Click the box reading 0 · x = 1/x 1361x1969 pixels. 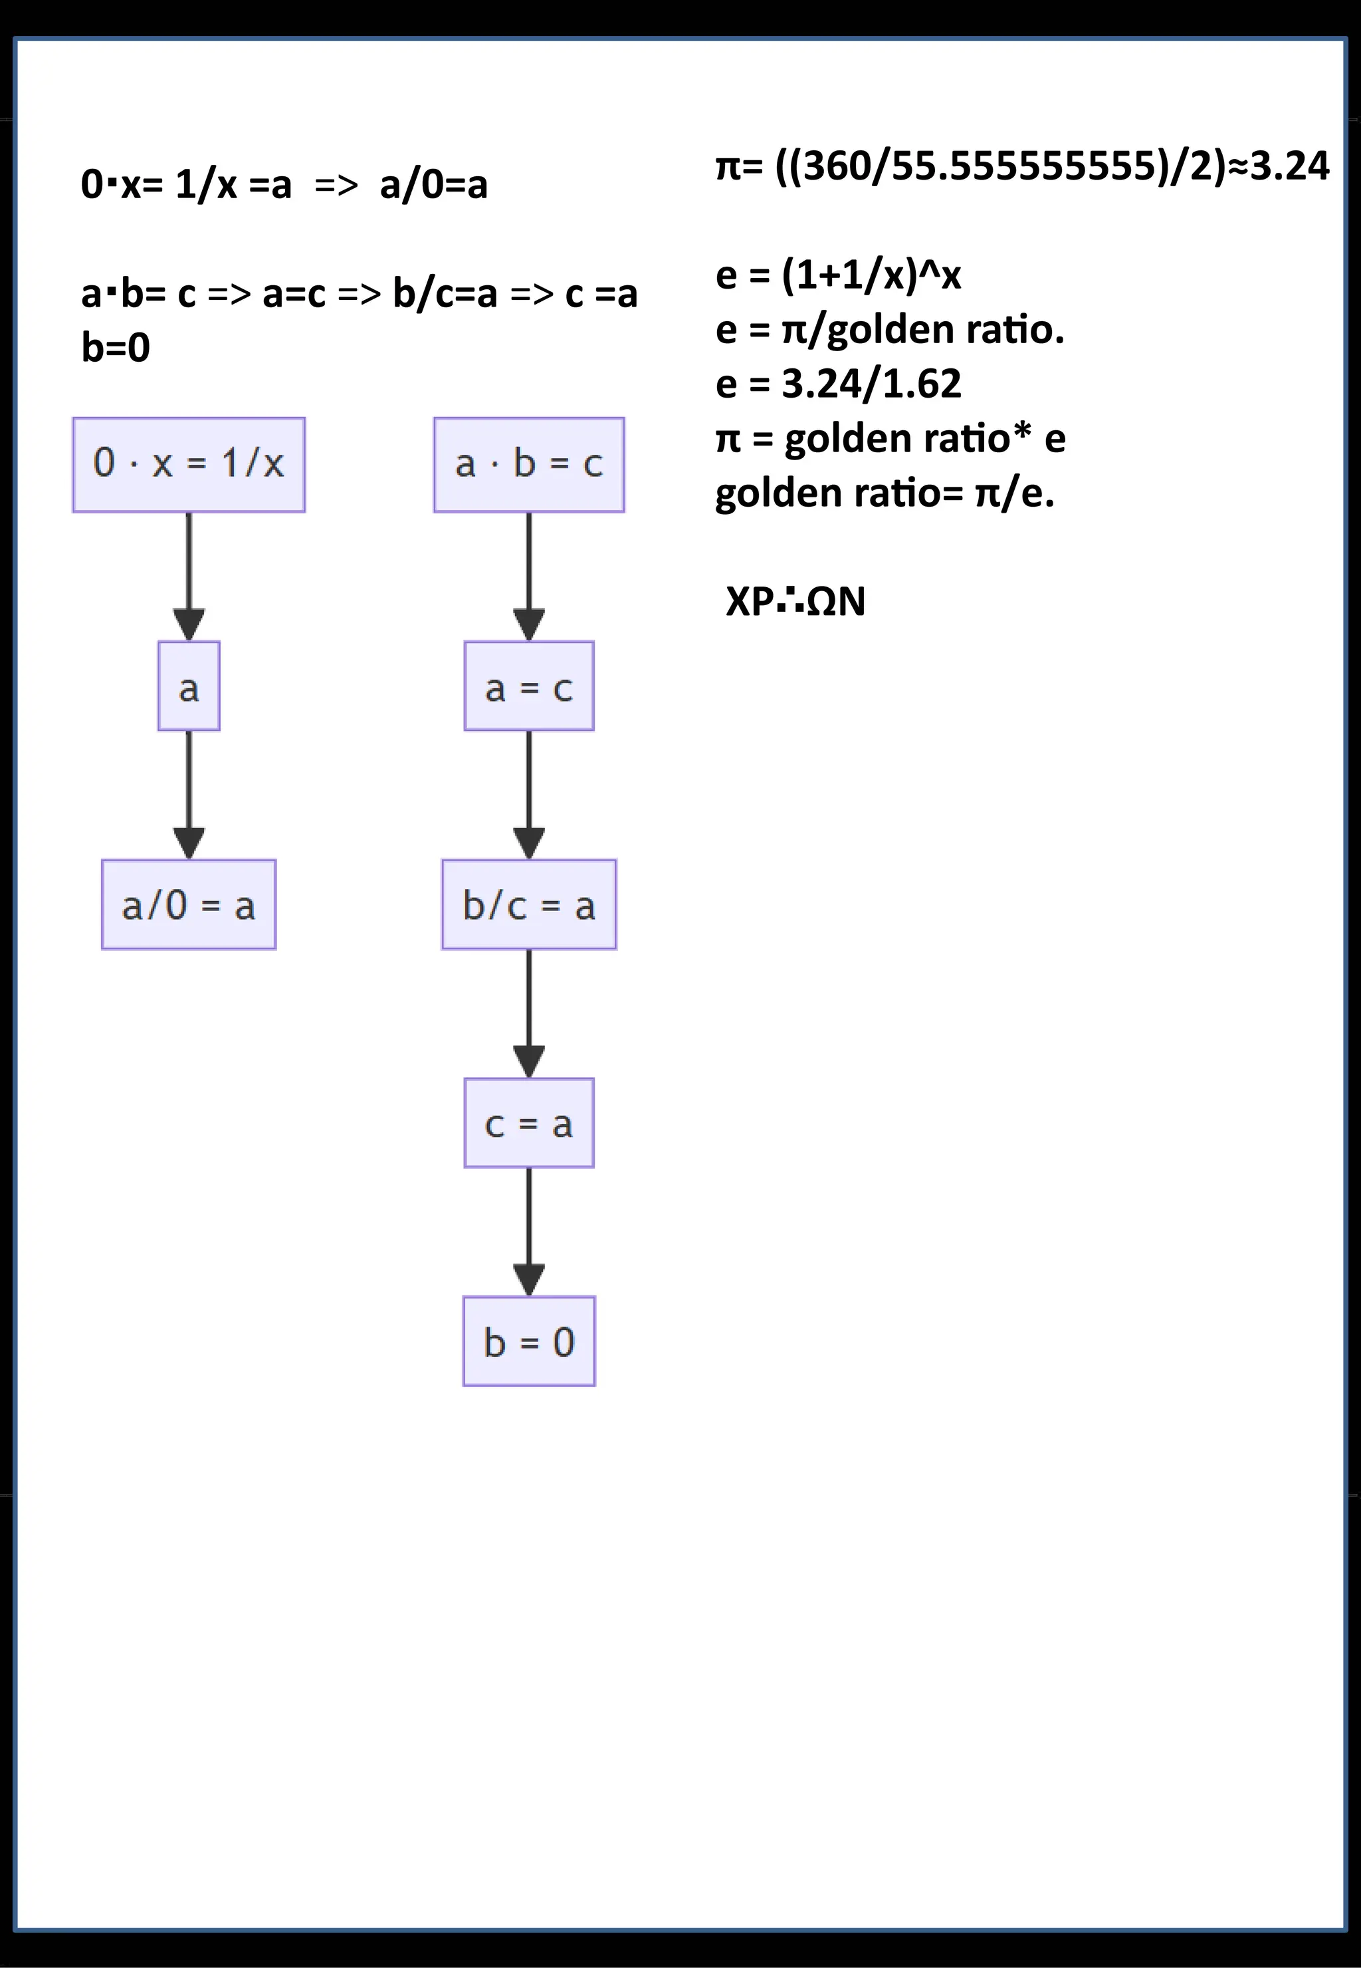pos(189,465)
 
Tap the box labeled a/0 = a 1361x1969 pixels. pos(189,904)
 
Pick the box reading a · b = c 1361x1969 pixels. pos(529,465)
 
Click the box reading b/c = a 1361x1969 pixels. pos(529,904)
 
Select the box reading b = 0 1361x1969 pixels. pos(529,1341)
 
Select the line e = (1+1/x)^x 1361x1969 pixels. pos(838,275)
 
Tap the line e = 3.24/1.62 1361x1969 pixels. pos(838,384)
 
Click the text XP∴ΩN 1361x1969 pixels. pos(795,601)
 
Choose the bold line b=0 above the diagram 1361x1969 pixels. pos(115,347)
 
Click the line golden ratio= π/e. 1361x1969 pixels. pos(885,493)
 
